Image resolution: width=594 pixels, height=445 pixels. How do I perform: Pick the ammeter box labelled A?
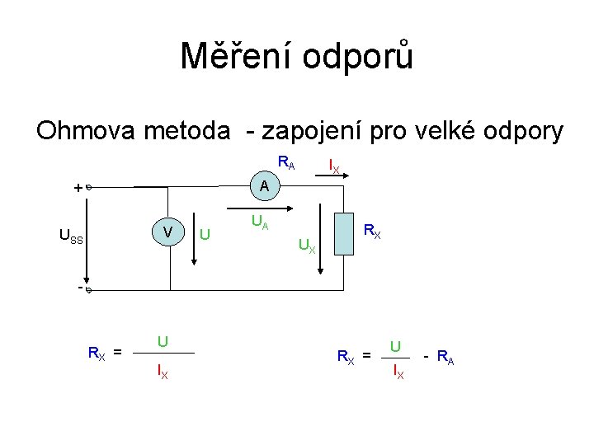click(264, 187)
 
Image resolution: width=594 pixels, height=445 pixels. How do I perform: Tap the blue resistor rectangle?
click(345, 233)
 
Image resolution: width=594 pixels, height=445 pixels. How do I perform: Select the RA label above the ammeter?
click(286, 162)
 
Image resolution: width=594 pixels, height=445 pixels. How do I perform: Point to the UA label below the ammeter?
click(259, 221)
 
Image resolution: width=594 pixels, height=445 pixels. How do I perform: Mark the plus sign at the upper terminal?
click(78, 188)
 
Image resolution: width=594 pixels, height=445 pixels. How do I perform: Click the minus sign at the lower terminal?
click(79, 288)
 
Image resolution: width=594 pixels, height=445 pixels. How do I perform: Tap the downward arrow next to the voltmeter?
click(195, 240)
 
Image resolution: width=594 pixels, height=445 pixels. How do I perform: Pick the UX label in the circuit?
click(306, 245)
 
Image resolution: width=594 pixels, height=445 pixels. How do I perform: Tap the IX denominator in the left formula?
click(163, 372)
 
